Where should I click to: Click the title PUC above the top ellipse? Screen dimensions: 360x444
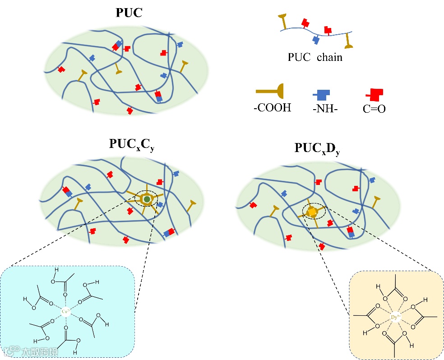(x=129, y=13)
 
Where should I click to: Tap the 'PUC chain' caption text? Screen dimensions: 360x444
(x=315, y=57)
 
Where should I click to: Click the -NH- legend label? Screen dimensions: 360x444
(x=324, y=108)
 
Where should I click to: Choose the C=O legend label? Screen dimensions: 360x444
(x=374, y=109)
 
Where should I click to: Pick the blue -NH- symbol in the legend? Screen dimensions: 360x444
(x=322, y=94)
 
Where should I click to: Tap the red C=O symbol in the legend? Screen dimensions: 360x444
(x=375, y=94)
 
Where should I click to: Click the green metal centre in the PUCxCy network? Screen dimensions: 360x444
(x=147, y=199)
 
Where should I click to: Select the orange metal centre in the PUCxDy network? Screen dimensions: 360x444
(x=312, y=211)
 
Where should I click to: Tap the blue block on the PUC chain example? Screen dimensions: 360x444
(x=316, y=40)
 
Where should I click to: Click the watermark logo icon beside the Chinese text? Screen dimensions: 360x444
(x=13, y=350)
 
